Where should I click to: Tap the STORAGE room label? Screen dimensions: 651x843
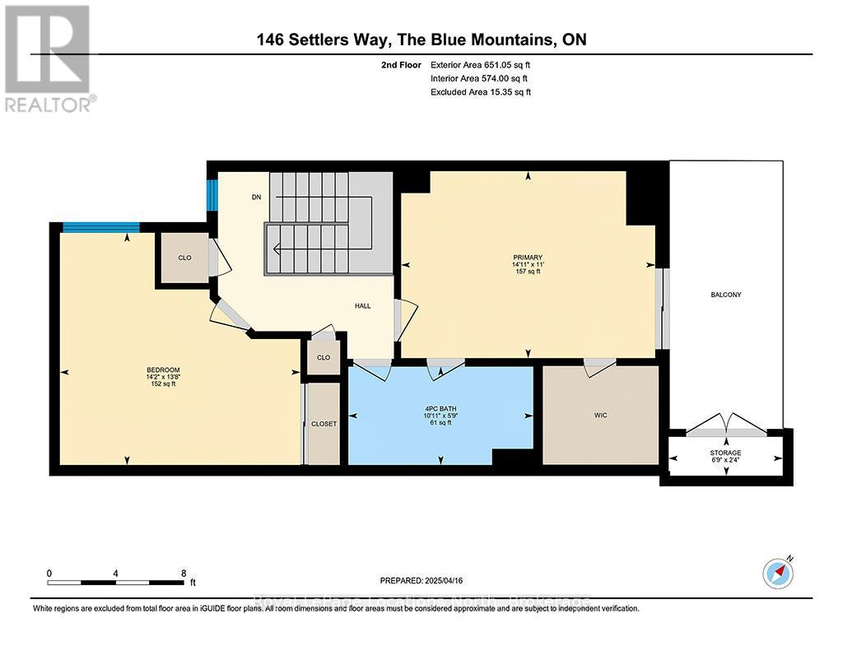pyautogui.click(x=725, y=453)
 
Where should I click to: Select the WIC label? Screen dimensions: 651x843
pyautogui.click(x=600, y=416)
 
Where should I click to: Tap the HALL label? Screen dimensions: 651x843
pyautogui.click(x=362, y=306)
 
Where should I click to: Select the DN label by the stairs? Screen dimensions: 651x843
pyautogui.click(x=256, y=198)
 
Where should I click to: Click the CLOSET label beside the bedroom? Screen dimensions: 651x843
pyautogui.click(x=324, y=424)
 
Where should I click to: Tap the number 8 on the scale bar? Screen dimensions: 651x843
pyautogui.click(x=184, y=573)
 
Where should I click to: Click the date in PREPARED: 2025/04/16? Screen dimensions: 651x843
pyautogui.click(x=452, y=579)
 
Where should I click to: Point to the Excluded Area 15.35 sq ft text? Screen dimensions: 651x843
pyautogui.click(x=481, y=92)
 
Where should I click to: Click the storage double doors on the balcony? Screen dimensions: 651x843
pyautogui.click(x=725, y=427)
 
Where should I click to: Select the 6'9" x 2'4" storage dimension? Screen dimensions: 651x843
pyautogui.click(x=725, y=462)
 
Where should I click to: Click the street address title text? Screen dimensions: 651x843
pyautogui.click(x=421, y=40)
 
